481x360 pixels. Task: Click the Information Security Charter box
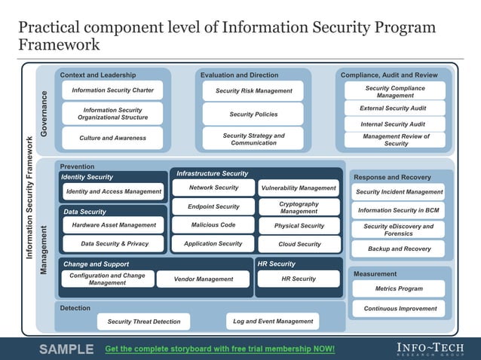(112, 90)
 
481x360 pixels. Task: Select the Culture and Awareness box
(112, 139)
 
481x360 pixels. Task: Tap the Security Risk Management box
(253, 91)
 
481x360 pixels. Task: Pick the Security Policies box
(253, 114)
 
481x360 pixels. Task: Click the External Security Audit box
(394, 108)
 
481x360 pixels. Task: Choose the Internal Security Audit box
(394, 124)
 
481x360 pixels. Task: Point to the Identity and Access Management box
(114, 192)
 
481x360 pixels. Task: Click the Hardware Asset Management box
(114, 225)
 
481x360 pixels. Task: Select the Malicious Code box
(213, 225)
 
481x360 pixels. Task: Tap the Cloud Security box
(299, 244)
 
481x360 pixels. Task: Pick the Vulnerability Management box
(299, 188)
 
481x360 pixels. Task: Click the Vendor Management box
(204, 279)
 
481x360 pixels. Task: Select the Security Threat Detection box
(144, 322)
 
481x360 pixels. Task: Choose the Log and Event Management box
(273, 322)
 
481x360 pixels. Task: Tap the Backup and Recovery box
(399, 249)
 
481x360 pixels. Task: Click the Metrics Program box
(399, 288)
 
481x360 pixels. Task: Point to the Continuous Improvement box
(399, 309)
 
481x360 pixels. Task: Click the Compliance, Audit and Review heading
(389, 75)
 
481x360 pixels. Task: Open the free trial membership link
(219, 349)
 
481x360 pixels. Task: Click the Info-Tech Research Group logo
(432, 349)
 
